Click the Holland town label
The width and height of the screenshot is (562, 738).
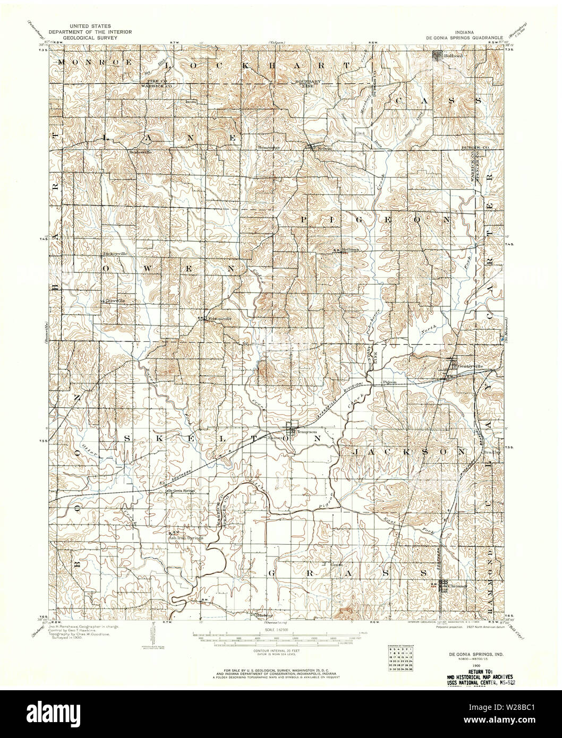453,55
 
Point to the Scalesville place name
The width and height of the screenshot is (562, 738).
141,151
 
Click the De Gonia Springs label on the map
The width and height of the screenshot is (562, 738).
182,491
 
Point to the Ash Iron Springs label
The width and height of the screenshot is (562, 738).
186,538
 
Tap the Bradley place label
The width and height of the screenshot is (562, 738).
492,452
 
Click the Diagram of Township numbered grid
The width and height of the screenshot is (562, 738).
401,659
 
